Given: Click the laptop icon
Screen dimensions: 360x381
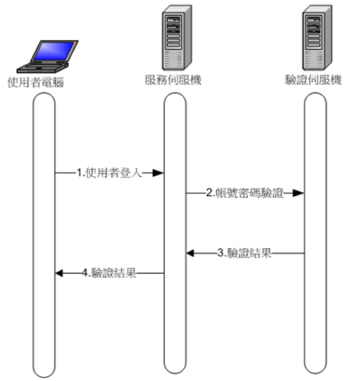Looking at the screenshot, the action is [x=47, y=57].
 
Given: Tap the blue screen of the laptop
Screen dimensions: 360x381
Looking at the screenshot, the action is [x=54, y=51].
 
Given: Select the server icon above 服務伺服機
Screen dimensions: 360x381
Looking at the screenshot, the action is [x=177, y=38].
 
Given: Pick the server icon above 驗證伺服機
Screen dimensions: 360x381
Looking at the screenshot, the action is [x=317, y=38].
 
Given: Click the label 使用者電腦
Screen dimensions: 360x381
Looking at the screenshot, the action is [x=36, y=82].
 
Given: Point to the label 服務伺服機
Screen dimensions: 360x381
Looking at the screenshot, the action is [x=173, y=80].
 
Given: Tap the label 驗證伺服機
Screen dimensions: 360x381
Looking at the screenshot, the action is [x=314, y=80].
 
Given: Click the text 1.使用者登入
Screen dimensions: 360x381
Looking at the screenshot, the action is [x=110, y=173].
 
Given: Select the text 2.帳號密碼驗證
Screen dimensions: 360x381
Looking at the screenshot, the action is [x=245, y=193].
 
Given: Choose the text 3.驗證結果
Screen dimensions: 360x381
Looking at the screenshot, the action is [x=245, y=253].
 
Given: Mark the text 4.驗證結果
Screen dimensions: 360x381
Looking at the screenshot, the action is [x=110, y=273].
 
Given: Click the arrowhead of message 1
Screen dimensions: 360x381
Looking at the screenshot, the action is [x=158, y=173].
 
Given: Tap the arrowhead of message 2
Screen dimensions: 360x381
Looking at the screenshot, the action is [x=298, y=193].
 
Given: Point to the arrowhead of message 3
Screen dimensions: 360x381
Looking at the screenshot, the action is [x=191, y=253].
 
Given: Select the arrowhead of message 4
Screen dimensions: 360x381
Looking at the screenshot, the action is [x=59, y=273].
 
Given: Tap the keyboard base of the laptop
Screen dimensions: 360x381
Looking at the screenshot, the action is [x=42, y=67].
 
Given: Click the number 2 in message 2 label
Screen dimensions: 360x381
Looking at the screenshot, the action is [x=209, y=193].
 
